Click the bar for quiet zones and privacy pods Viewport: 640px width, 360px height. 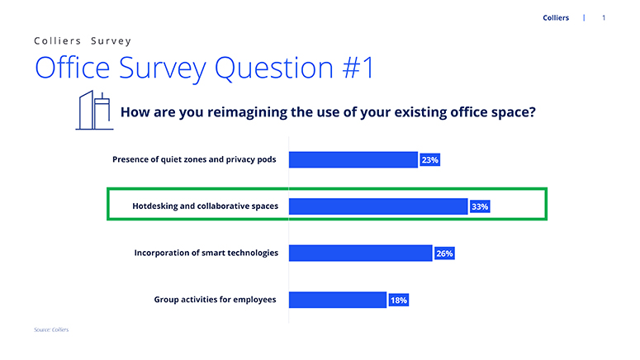[x=353, y=159]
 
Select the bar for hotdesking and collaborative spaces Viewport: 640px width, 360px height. [x=378, y=206]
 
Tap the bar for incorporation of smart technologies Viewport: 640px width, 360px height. [x=360, y=253]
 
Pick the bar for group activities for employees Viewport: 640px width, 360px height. [x=338, y=300]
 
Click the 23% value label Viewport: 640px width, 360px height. [x=429, y=160]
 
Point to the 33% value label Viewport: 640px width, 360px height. [x=480, y=206]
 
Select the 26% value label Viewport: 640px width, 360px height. [x=444, y=253]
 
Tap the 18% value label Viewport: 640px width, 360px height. [x=398, y=301]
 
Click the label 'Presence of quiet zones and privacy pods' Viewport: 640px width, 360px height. [x=194, y=159]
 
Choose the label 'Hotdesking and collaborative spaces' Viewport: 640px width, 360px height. [x=206, y=206]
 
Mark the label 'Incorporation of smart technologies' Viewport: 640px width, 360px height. [x=206, y=253]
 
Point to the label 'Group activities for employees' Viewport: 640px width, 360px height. [x=215, y=300]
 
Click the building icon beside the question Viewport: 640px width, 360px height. [x=94, y=110]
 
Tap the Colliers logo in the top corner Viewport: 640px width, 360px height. [x=556, y=17]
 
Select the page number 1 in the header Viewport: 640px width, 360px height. [x=604, y=17]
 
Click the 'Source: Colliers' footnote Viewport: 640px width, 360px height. [x=51, y=329]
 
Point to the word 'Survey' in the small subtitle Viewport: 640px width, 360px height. [x=111, y=40]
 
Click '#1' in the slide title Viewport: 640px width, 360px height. [x=358, y=68]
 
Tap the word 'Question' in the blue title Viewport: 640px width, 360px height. [x=274, y=69]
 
